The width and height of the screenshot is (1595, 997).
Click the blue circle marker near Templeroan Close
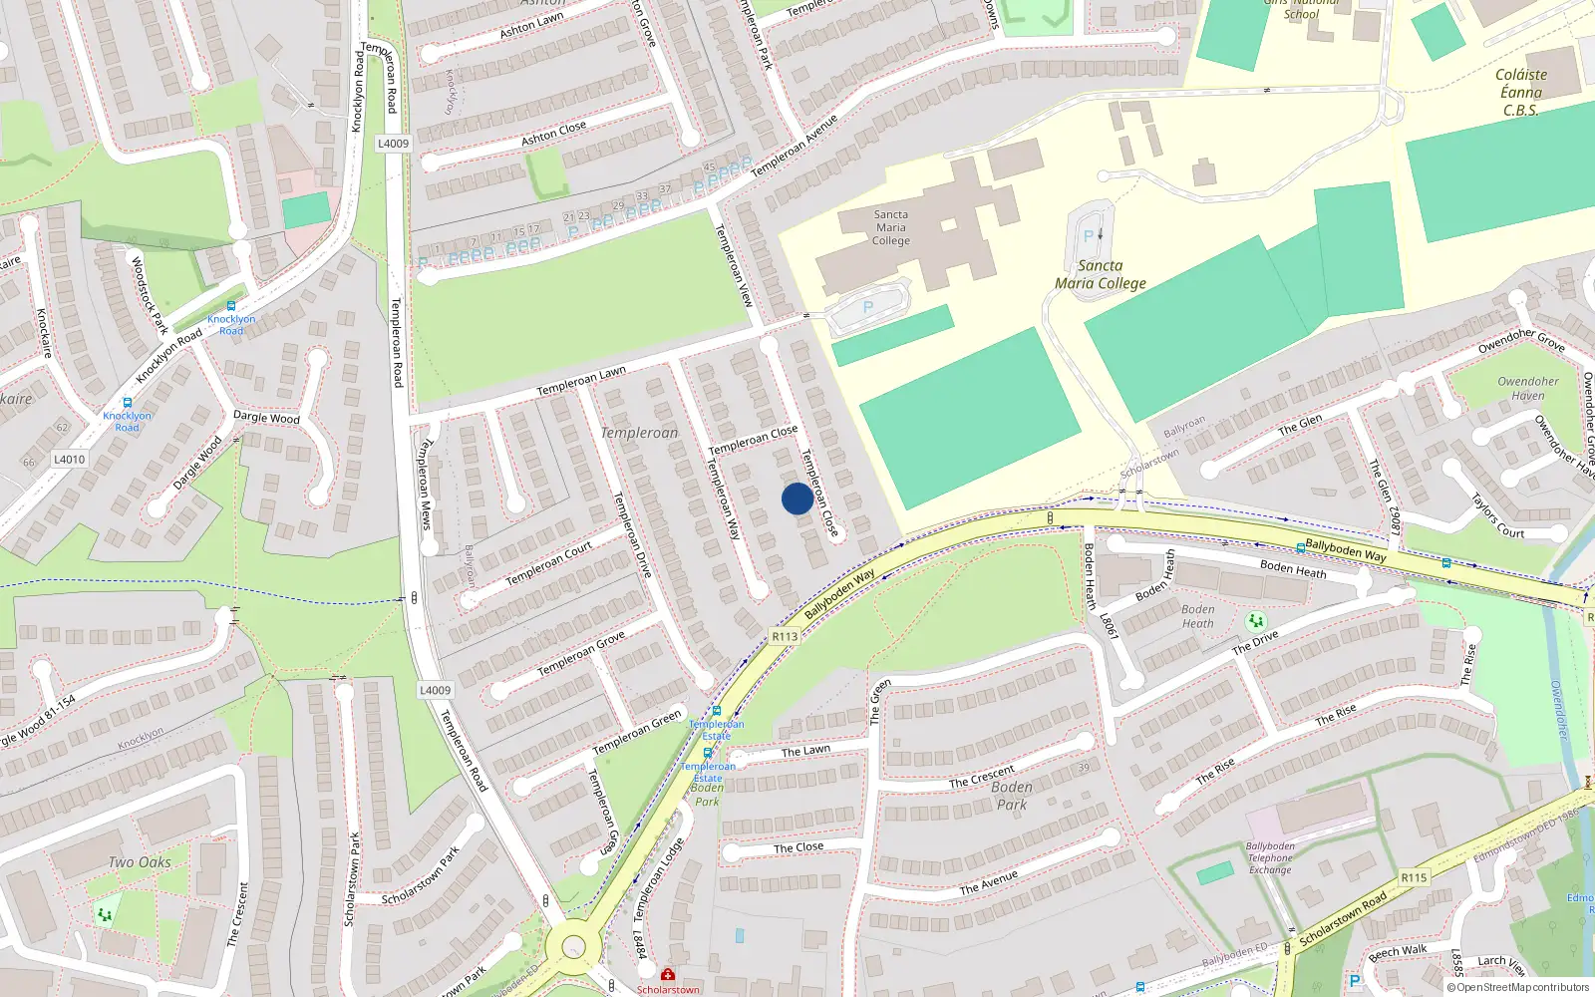797,498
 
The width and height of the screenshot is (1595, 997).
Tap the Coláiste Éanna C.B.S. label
1521,92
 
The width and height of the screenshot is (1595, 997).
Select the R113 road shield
785,636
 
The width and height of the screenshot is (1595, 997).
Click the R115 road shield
1413,877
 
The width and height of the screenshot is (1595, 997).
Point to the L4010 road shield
70,460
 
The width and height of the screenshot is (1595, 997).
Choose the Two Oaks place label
140,862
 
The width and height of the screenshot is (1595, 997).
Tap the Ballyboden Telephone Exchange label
1270,857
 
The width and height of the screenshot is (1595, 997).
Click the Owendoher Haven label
1527,388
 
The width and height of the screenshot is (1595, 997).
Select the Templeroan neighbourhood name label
639,433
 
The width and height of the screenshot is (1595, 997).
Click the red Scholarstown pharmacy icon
668,974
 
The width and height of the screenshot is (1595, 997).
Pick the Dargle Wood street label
266,417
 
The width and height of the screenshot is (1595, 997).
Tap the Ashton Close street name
553,133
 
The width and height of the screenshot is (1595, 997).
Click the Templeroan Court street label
548,563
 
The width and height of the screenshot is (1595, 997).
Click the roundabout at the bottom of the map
573,945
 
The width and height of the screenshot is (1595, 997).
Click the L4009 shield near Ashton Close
393,144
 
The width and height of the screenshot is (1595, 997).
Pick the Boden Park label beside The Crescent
1012,795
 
